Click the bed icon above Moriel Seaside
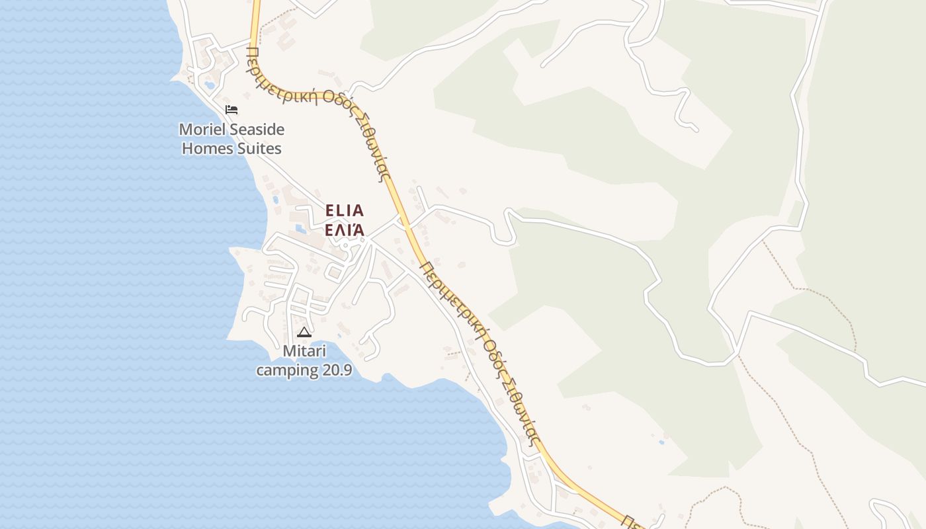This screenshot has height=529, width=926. [x=231, y=109]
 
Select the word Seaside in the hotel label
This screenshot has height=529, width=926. [x=259, y=129]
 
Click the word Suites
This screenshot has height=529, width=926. [x=261, y=148]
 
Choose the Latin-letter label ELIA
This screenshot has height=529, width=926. [x=345, y=211]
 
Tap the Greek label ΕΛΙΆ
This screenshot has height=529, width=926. [x=345, y=230]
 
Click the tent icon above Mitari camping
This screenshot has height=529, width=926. [x=304, y=332]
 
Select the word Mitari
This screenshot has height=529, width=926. [x=304, y=350]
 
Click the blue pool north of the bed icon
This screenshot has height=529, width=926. [x=210, y=85]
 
